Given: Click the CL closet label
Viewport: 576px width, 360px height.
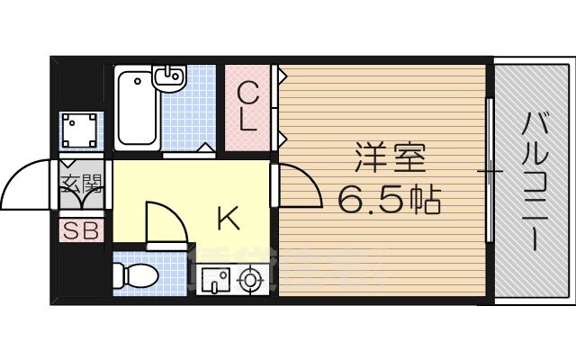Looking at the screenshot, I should point(250,106).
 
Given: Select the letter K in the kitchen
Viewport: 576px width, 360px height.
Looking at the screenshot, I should point(228,217).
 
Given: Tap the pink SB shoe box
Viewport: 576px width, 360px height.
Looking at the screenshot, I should point(81,229).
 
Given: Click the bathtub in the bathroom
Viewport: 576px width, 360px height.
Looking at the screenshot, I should point(138,109).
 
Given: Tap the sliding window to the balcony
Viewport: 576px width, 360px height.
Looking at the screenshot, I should point(490,170).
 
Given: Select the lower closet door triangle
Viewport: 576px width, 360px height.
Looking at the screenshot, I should point(282,137).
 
